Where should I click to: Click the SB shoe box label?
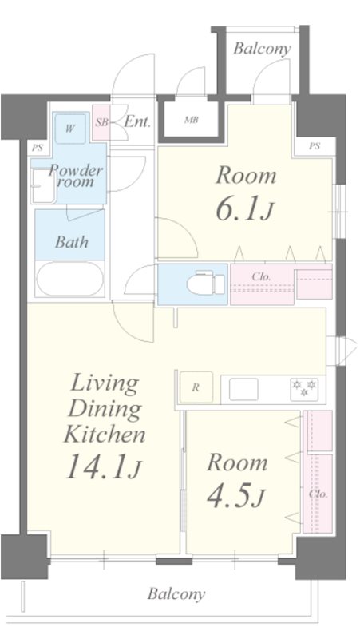(101, 122)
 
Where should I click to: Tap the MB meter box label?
(191, 121)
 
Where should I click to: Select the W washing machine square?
(71, 128)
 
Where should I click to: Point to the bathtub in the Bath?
(69, 280)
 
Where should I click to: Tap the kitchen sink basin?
(244, 389)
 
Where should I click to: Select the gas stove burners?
(304, 388)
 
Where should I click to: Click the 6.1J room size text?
(245, 208)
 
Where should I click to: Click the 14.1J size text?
(104, 467)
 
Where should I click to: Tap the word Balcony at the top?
(262, 49)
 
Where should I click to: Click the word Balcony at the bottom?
(176, 594)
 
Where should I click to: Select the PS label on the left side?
(38, 148)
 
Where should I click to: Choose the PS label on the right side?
(314, 146)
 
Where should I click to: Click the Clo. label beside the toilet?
(261, 277)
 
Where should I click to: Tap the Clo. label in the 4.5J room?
(318, 493)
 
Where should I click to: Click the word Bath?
(72, 242)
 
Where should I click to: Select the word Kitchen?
(105, 435)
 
